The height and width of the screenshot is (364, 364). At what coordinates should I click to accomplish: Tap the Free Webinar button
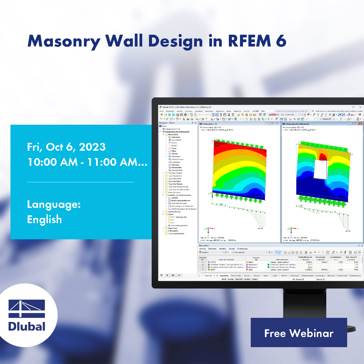coord(299,333)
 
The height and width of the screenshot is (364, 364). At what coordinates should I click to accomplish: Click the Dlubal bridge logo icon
coord(27,309)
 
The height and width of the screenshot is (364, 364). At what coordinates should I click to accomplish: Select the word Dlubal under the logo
coord(27,326)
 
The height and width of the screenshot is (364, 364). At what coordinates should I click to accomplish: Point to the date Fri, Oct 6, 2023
coord(66,147)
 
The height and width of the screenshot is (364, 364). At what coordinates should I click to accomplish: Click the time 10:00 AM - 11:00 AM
coord(87,162)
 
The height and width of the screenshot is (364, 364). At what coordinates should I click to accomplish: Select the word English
coord(44,219)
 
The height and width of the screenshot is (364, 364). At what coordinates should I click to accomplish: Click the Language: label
coord(54,205)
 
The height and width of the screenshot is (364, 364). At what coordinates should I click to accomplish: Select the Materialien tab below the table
coord(224,275)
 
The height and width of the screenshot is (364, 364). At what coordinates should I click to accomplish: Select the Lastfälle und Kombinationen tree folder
coord(180,195)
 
